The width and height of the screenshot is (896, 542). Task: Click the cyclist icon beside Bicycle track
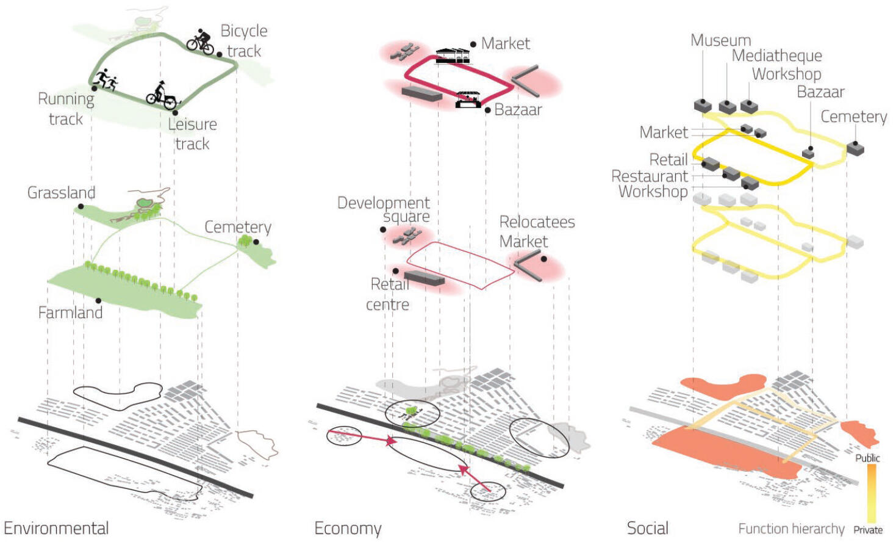pos(200,42)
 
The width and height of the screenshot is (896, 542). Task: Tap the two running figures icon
pos(106,79)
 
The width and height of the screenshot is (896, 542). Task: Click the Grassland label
pos(61,192)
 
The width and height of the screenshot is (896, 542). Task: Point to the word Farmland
pos(70,313)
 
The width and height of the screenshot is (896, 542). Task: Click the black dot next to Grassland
pos(81,206)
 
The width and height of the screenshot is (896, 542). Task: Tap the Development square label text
pos(384,209)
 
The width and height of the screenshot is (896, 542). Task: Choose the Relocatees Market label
pos(537,232)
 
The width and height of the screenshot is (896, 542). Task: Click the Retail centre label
pos(387,294)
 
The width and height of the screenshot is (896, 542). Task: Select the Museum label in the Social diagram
pos(721,40)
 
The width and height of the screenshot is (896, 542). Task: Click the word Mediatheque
pos(777,56)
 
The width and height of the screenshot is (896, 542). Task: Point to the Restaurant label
pos(650,176)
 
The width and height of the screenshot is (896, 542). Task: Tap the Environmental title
pos(56,529)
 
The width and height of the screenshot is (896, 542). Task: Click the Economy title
pos(348,529)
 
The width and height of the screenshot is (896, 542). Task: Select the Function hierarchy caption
pos(791,529)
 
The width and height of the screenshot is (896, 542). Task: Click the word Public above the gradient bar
pos(867,458)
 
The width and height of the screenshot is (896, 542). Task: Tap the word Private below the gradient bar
pos(868,530)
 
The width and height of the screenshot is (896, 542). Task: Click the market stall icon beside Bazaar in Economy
pos(468,99)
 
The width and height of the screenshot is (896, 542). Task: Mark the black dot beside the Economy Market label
pos(473,45)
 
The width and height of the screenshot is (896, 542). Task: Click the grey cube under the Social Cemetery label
pos(855,148)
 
